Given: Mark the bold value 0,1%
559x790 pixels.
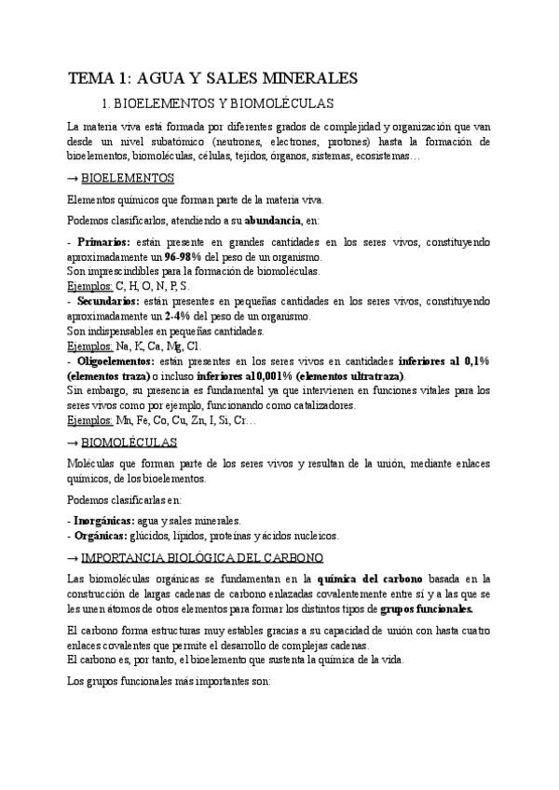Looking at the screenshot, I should point(471,361).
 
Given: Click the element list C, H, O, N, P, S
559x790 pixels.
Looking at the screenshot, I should point(152,286).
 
